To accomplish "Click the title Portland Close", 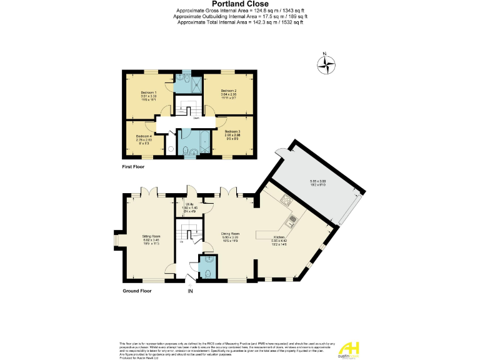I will pos(240,4).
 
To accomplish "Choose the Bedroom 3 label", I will pos(232,131).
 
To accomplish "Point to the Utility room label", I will pos(188,204).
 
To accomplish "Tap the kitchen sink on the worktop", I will pos(291,220).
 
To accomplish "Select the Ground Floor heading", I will pos(138,291).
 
